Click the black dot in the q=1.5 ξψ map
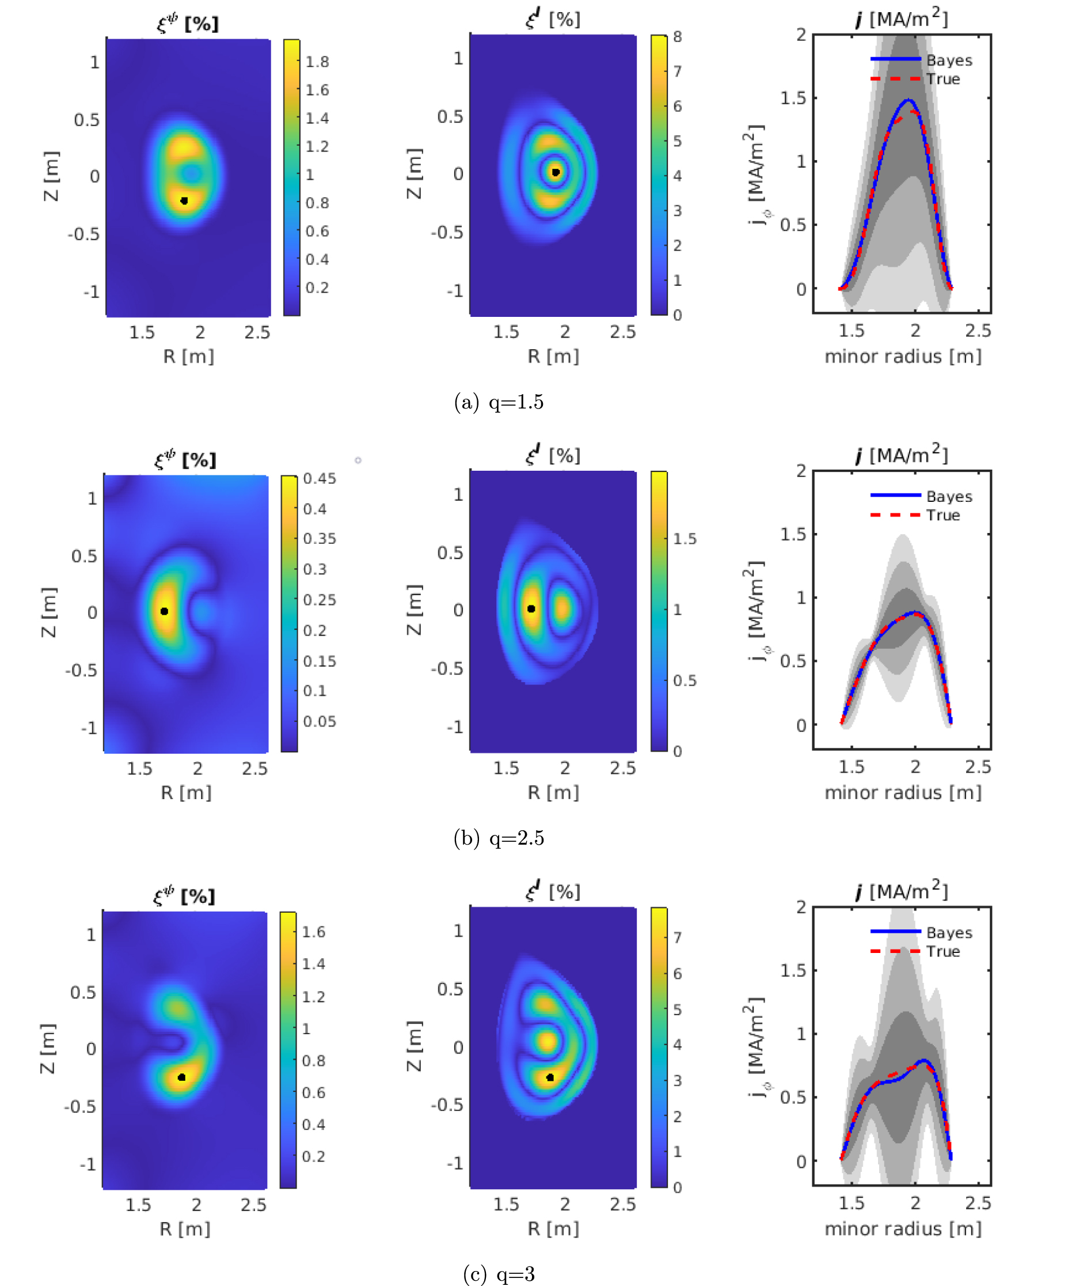(x=184, y=201)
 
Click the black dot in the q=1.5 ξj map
(x=555, y=172)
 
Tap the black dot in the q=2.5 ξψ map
(x=164, y=611)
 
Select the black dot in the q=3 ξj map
(x=550, y=1077)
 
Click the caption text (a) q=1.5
(x=499, y=402)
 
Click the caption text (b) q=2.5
(x=499, y=838)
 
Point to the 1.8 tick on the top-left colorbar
(x=317, y=62)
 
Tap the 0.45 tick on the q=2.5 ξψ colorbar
(x=320, y=478)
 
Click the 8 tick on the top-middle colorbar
(x=678, y=37)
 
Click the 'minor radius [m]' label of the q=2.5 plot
(x=903, y=792)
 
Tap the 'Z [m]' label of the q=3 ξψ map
(x=48, y=1048)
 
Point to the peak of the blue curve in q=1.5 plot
(x=909, y=100)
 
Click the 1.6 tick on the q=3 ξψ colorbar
(x=313, y=932)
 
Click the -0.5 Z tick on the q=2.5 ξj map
(x=447, y=668)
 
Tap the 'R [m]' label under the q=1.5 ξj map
(x=553, y=357)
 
